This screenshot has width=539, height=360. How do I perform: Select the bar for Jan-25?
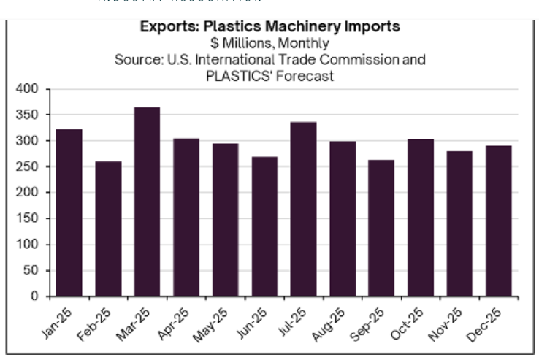tap(69, 212)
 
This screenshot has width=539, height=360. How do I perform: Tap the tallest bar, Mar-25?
tap(147, 202)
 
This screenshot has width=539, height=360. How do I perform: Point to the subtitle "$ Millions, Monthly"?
tap(270, 43)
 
